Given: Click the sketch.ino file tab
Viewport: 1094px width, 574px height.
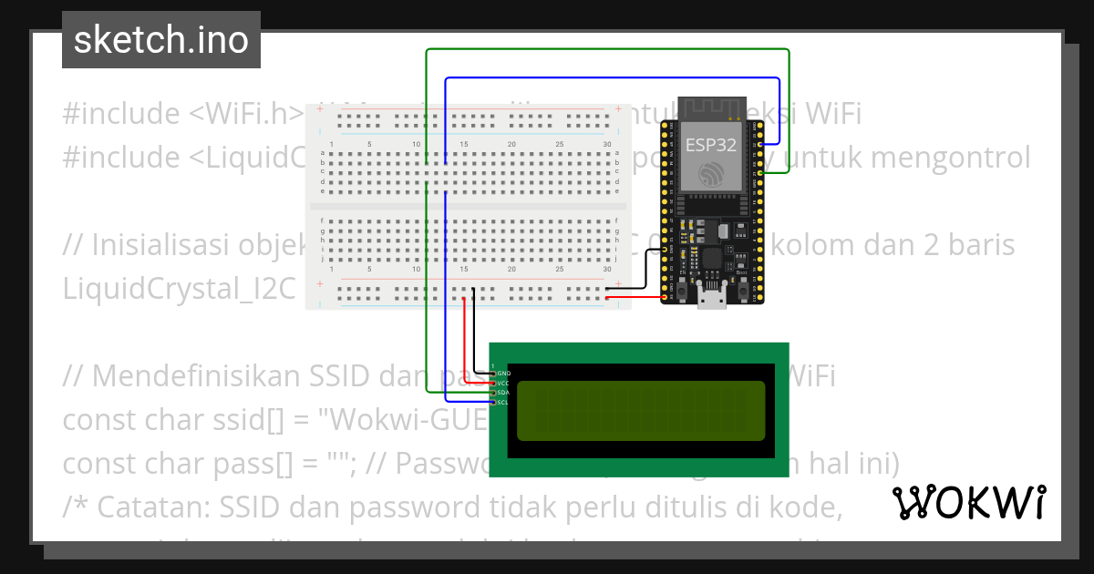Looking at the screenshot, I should (160, 40).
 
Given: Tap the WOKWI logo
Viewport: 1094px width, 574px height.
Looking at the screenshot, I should (968, 502).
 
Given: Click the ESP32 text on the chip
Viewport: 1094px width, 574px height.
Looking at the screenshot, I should (710, 144).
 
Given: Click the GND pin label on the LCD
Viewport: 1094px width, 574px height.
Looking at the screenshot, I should (503, 374).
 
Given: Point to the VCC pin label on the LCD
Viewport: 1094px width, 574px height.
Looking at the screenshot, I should (503, 383).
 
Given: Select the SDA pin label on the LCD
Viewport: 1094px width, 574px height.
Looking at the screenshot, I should (503, 393).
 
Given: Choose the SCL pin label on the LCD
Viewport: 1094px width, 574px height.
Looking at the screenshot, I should (503, 402).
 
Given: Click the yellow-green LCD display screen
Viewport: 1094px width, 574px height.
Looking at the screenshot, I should (641, 412).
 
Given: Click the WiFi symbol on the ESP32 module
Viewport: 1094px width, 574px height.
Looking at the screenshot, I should (710, 173).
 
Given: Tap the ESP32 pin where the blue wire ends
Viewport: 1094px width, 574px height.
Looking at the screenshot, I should (761, 144).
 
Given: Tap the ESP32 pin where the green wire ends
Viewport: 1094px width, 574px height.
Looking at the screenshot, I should (761, 172).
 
